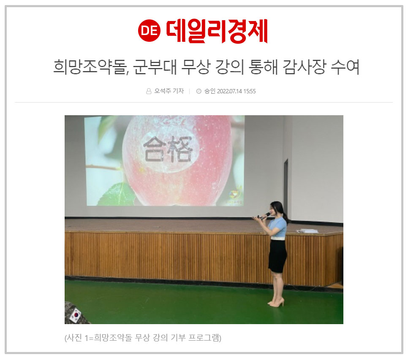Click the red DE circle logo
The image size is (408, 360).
click(149, 31)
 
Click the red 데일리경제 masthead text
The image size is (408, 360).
click(217, 31)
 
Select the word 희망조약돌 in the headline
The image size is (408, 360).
click(90, 67)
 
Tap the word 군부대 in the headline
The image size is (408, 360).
click(155, 67)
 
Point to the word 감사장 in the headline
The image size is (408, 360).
click(304, 67)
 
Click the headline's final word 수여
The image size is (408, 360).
click(345, 67)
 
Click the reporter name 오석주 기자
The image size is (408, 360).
click(169, 91)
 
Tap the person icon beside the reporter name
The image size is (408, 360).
click(149, 91)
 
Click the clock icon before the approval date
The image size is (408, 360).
click(199, 91)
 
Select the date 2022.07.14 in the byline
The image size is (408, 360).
click(229, 91)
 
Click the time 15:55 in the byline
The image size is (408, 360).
click(250, 91)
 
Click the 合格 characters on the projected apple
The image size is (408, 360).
click(168, 149)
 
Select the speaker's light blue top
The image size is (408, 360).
click(278, 228)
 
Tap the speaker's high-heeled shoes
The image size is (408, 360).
click(276, 303)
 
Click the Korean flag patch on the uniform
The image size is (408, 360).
click(76, 315)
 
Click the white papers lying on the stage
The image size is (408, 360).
click(307, 231)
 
